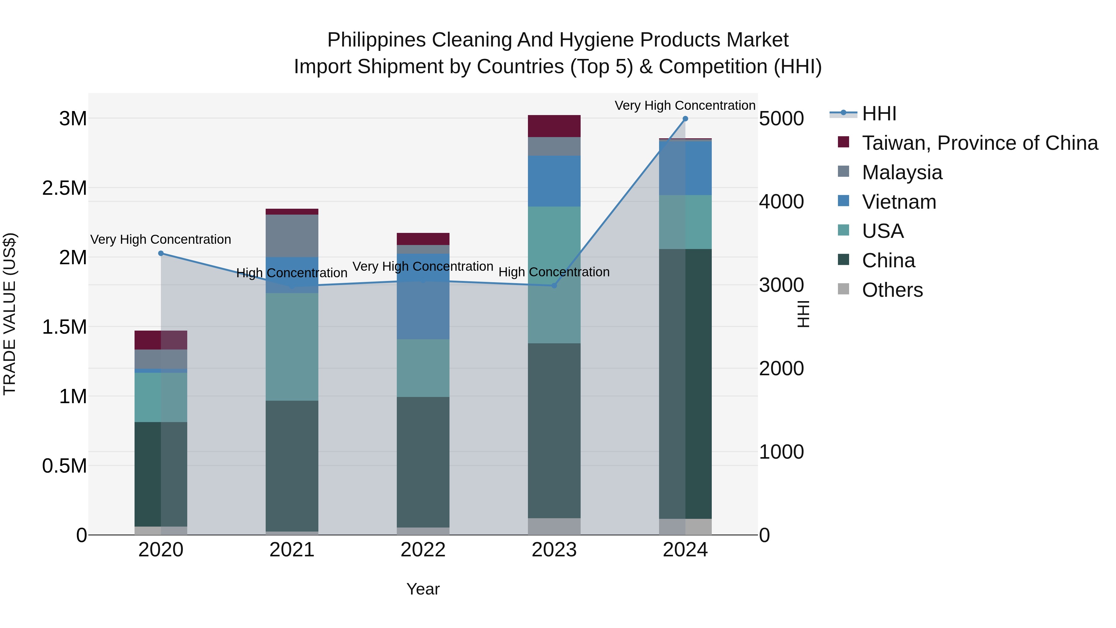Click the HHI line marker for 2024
coord(685,119)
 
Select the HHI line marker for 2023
coord(554,286)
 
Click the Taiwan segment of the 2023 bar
coord(554,126)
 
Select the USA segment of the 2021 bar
coord(292,347)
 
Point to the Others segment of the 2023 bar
coord(554,526)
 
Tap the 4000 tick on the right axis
coord(782,202)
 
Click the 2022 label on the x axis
coord(423,550)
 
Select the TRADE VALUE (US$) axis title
coord(10,314)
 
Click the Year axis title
coord(423,589)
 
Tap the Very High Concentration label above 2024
coord(685,105)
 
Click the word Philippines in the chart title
coord(376,40)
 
